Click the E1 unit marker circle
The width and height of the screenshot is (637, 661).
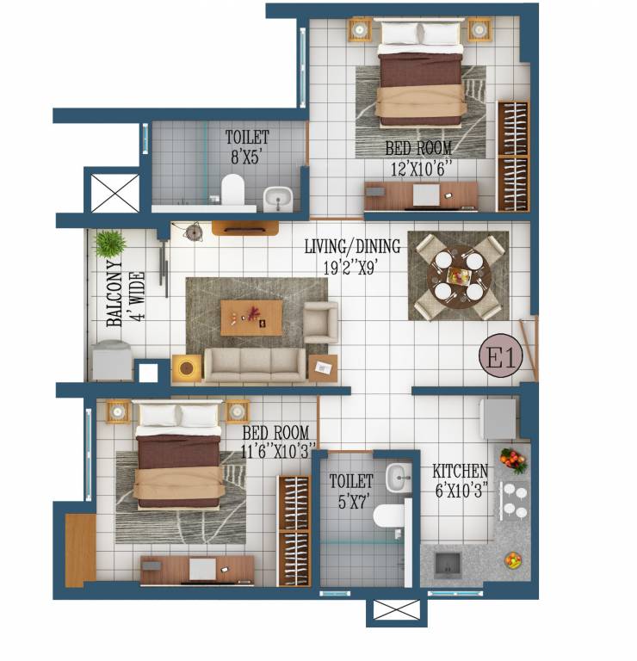501,355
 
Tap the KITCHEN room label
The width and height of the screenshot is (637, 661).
461,471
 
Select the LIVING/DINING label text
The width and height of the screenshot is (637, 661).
352,246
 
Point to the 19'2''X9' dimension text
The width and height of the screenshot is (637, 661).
349,268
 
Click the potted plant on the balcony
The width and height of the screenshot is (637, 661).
110,244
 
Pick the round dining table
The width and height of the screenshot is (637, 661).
459,276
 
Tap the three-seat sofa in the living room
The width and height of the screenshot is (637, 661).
255,365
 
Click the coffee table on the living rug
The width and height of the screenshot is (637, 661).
251,318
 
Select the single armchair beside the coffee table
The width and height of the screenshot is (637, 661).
321,322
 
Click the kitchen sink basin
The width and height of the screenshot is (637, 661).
448,565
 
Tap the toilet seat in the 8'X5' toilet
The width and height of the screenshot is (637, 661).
232,189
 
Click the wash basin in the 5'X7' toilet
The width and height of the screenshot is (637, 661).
399,478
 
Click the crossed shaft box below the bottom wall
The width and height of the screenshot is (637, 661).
397,610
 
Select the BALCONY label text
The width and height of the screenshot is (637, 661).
114,293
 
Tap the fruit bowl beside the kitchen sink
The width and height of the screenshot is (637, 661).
514,560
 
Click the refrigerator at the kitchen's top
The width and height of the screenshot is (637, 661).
498,419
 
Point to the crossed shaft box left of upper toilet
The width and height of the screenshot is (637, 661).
115,193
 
